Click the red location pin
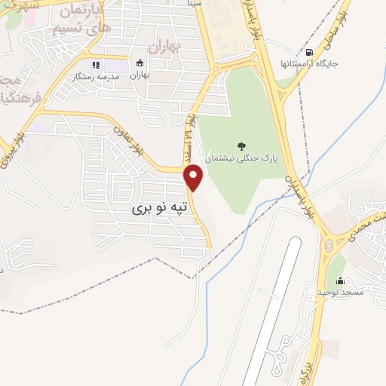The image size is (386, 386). tap(194, 177)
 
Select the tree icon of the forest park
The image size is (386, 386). tap(240, 146)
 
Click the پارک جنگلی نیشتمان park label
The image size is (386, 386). tap(243, 159)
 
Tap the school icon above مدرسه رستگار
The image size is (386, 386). tap(96, 65)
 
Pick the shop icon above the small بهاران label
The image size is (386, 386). tap(139, 65)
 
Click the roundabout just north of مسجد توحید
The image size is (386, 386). tap(329, 244)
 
